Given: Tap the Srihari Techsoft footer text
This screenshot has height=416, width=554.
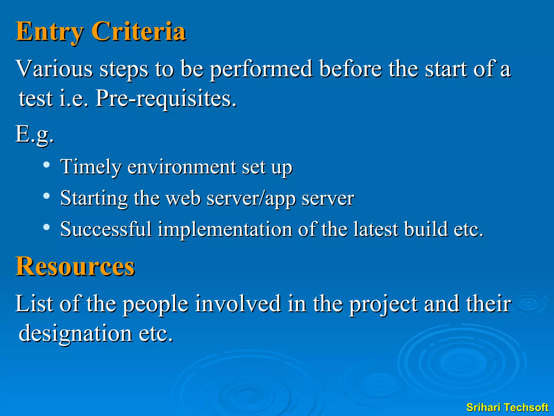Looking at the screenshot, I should (507, 407).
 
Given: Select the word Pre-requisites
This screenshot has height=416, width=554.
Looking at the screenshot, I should (166, 98).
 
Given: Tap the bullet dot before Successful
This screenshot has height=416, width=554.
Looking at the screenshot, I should (47, 227).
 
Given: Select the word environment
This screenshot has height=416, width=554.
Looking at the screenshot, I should (182, 167).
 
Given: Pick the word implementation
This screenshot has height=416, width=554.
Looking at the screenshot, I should (225, 229).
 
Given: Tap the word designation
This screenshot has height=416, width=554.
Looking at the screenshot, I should (75, 333).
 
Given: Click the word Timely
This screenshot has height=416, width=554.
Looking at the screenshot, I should (91, 167).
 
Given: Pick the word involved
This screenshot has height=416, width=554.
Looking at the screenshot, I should (238, 304).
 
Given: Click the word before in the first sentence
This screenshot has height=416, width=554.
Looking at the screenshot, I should (351, 69).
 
